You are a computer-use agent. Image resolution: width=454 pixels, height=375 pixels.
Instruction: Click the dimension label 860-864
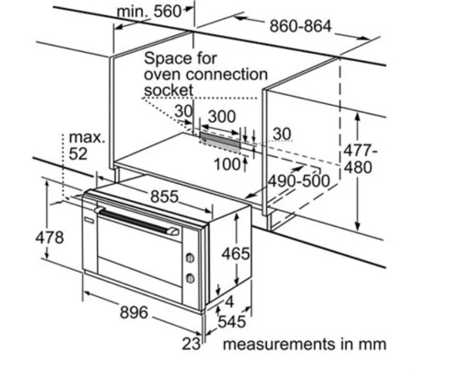(300, 26)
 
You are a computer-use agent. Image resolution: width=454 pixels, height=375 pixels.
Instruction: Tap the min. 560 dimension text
(149, 12)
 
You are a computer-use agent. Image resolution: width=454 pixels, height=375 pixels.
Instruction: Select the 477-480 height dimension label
(360, 159)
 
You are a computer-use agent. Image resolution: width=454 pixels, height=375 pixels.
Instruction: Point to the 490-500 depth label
(299, 181)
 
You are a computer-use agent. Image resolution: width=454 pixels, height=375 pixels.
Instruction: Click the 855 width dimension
(165, 197)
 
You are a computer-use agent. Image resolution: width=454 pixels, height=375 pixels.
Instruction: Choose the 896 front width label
(134, 312)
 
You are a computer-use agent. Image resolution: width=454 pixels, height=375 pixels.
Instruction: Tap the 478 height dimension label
(49, 237)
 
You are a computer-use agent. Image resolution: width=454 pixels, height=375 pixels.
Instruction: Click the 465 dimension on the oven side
(236, 254)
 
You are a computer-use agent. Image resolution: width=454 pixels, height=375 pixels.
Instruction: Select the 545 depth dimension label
(232, 322)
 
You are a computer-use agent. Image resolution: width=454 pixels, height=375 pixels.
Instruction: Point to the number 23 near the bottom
(191, 344)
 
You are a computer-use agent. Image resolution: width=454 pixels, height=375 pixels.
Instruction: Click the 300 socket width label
(222, 117)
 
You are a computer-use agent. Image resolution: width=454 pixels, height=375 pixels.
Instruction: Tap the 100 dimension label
(228, 165)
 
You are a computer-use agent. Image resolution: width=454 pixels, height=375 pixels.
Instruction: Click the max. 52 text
(87, 146)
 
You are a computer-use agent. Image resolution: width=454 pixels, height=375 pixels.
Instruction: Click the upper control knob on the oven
(190, 258)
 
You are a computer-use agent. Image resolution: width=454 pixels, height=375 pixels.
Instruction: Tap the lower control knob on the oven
(190, 278)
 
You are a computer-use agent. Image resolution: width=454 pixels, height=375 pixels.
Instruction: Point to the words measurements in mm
(305, 344)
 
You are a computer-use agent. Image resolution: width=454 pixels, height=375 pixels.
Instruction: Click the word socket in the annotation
(169, 90)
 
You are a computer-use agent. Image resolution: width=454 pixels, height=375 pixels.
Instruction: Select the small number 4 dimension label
(229, 302)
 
